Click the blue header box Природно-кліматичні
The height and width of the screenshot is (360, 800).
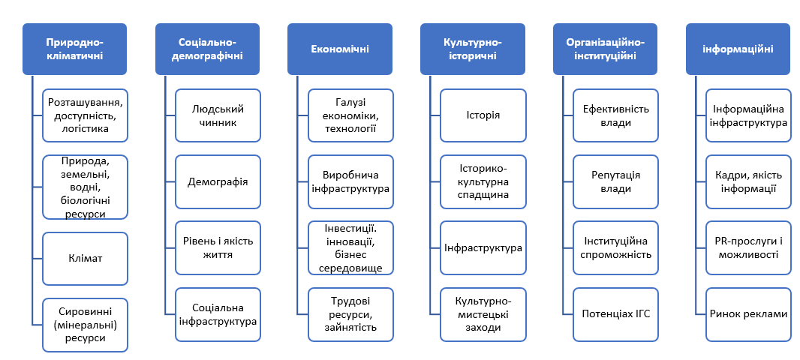coord(74,49)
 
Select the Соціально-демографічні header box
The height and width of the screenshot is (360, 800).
coord(207,49)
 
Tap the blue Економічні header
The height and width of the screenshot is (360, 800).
coord(340,49)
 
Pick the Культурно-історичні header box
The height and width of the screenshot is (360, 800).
coord(473,49)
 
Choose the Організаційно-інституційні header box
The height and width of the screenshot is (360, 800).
coord(605,49)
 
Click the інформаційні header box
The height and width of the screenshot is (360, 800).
coord(738,49)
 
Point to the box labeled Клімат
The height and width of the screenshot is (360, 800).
coord(86,259)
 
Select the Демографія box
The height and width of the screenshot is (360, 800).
coord(218,181)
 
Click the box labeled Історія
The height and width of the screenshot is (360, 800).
coord(483,115)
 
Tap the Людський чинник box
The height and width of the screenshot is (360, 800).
coord(218,115)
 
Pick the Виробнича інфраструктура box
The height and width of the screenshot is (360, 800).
coord(350,181)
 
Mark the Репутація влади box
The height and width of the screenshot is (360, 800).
coord(616,181)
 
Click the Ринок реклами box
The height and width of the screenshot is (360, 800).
coord(748,314)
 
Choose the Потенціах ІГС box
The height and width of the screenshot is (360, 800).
coord(616,314)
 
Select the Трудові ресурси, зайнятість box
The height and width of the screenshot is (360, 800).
coord(350,314)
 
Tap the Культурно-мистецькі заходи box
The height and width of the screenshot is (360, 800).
coord(483,314)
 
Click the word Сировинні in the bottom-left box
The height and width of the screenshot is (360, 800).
coord(86,310)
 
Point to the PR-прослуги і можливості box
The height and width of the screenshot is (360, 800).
coord(748,247)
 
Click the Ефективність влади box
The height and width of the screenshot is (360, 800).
coord(616,115)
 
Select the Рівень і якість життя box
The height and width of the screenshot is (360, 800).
coord(218,247)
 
